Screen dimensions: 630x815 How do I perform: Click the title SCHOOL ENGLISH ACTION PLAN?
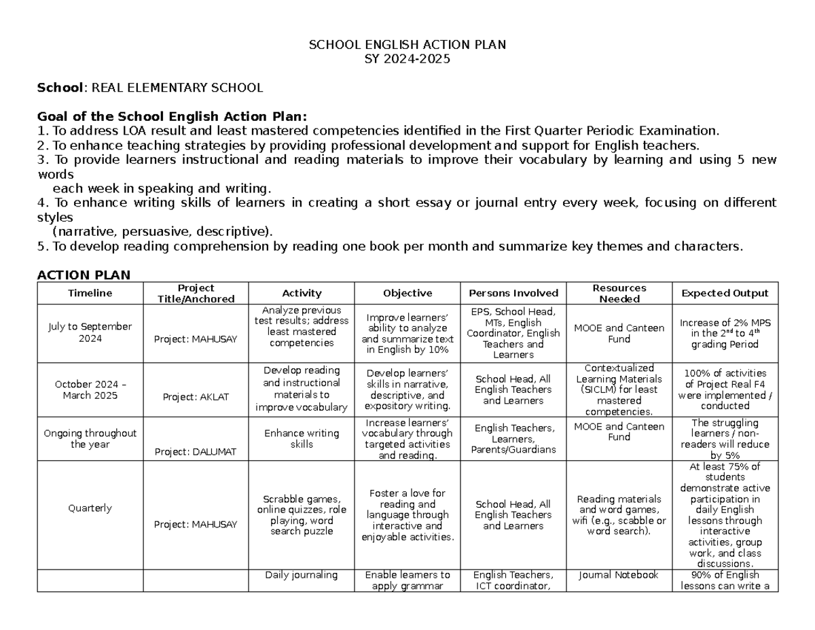407,45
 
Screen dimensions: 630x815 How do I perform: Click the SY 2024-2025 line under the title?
407,59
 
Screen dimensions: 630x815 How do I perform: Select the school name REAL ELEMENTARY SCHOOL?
177,88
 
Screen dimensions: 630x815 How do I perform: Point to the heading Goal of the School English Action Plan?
173,116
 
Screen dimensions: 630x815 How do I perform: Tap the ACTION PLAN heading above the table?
84,275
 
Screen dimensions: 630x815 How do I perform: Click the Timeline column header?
90,294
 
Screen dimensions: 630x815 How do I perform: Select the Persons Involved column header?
513,294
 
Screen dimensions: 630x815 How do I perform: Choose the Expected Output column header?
725,294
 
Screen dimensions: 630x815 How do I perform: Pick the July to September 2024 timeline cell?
90,332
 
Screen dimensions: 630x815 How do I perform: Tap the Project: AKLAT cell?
196,397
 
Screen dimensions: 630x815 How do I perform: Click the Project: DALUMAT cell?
196,451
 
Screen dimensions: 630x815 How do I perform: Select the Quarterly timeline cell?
90,508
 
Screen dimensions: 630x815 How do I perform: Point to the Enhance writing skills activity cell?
302,438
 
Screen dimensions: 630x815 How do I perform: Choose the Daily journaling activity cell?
302,575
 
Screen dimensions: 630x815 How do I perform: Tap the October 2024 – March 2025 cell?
90,389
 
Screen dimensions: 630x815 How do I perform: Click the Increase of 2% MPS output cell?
725,333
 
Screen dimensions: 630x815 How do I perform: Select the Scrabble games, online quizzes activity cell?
302,514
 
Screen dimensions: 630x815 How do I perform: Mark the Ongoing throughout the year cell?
90,438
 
